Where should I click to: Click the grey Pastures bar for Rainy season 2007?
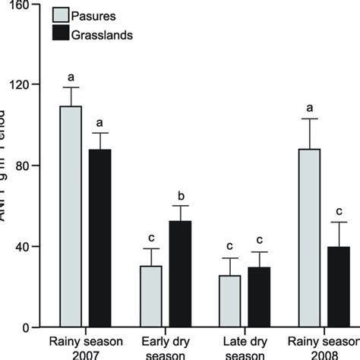tap(71, 216)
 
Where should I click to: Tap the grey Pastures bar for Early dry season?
tap(150, 296)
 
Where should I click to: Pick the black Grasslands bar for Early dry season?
tap(179, 273)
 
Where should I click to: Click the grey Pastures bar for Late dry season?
tap(230, 301)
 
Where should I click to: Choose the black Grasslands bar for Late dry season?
tap(259, 297)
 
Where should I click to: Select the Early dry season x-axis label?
tap(165, 347)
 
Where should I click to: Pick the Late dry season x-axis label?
tap(245, 347)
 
